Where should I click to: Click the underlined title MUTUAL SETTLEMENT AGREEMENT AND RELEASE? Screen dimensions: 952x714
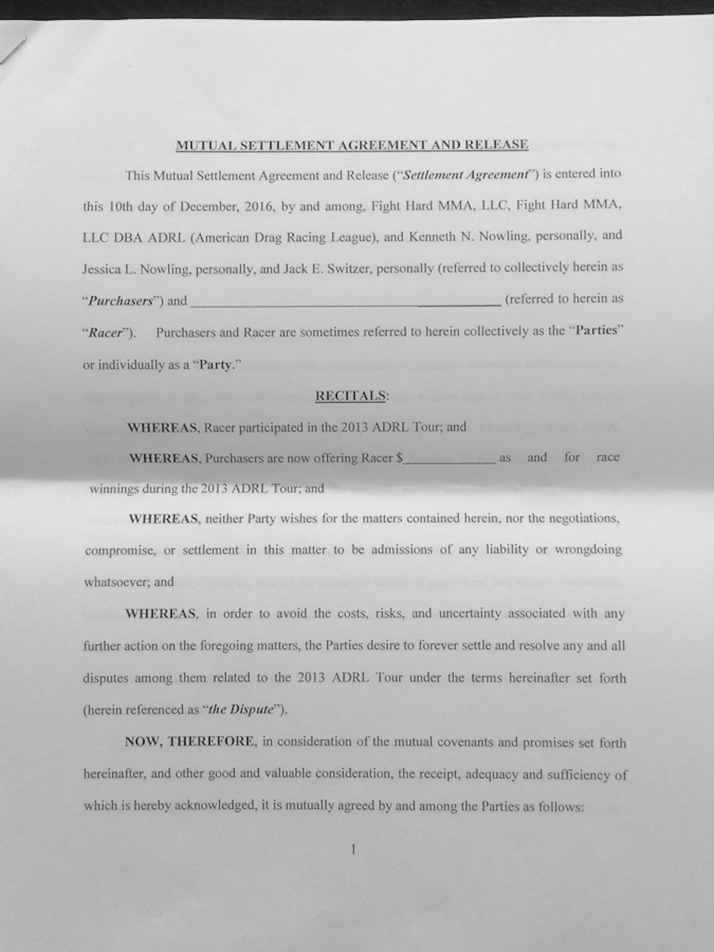point(352,145)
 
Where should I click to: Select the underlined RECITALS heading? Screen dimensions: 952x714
point(350,396)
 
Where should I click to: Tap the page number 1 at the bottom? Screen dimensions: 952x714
point(353,849)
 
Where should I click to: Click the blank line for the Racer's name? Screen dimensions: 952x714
point(345,301)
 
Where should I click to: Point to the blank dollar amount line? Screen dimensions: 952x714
point(449,459)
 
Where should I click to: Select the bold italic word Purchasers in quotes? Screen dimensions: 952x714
point(121,301)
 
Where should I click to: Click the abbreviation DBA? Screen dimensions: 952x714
point(128,238)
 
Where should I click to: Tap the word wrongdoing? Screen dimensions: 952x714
point(588,549)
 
